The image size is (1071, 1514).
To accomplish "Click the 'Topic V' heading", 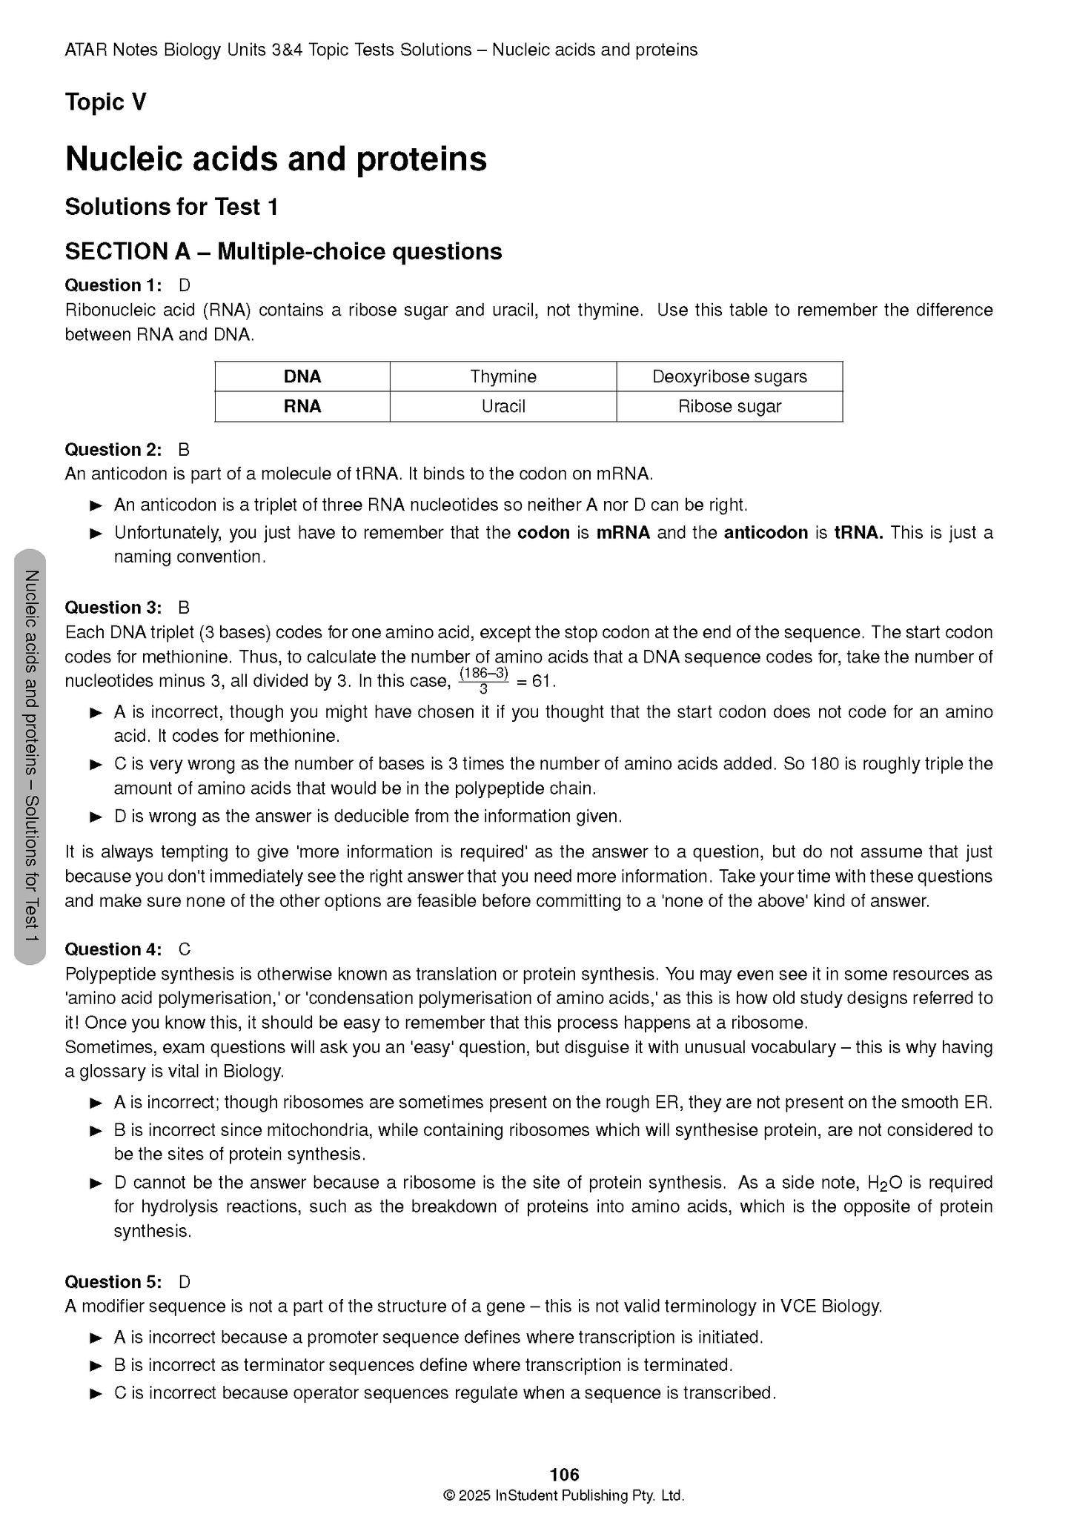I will (106, 102).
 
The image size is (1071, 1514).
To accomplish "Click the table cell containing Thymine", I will (503, 376).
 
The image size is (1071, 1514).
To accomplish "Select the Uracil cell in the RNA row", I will (503, 406).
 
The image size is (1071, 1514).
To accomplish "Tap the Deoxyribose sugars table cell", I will (729, 376).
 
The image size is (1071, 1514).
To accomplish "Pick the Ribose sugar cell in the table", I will (729, 406).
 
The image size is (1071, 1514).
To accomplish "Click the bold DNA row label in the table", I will (302, 376).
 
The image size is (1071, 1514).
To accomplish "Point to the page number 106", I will (564, 1474).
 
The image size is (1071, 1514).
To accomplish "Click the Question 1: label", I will (113, 285).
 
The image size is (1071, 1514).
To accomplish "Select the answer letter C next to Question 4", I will (185, 949).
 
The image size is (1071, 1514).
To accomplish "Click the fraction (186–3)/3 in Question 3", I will (483, 680).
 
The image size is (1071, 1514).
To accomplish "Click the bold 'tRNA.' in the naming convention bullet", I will (858, 533).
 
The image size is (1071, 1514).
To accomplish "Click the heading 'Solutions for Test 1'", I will (171, 207).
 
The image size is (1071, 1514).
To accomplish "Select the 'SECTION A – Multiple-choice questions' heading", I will (283, 252).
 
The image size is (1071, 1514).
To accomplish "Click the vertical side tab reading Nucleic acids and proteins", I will (30, 757).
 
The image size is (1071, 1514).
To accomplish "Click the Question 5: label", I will (113, 1282).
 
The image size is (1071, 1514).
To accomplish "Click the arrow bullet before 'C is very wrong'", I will (96, 764).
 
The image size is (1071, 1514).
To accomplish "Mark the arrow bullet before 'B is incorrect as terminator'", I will (96, 1365).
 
